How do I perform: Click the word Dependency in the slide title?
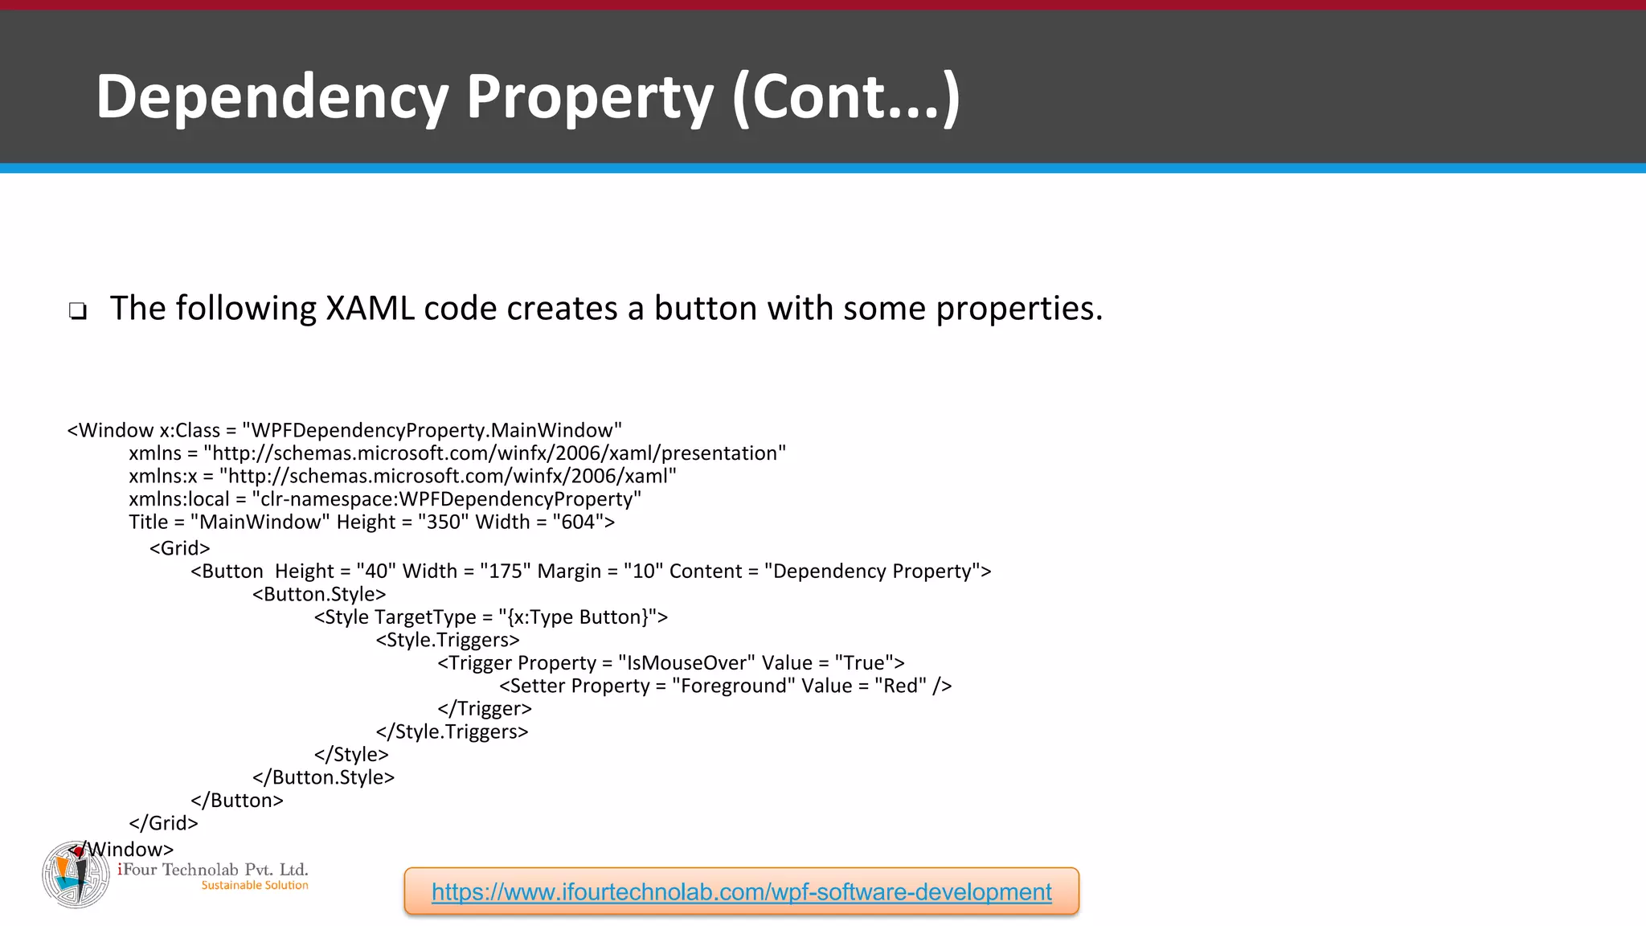272,97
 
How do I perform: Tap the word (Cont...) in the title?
846,97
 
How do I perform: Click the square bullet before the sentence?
77,311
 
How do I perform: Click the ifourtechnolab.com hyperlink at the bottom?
741,891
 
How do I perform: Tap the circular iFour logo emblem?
76,875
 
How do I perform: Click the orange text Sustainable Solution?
255,886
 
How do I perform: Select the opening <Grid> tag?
179,548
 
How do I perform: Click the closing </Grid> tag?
163,823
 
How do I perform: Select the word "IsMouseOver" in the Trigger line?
686,663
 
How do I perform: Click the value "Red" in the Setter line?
900,686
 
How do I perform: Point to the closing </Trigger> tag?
485,709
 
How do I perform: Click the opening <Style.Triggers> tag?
448,641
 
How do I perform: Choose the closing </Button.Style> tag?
323,778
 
